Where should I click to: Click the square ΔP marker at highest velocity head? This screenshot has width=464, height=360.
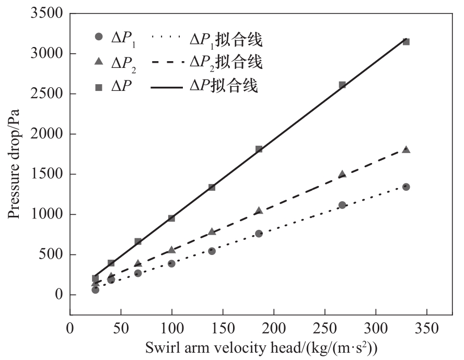[406, 42]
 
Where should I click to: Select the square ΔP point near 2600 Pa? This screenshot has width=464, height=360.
[342, 85]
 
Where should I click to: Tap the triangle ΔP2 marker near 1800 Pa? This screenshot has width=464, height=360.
[406, 149]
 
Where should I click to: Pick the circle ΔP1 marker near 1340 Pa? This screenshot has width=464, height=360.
[406, 187]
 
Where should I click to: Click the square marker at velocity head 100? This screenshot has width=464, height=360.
[171, 218]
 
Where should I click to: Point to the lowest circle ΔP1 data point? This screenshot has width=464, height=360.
[95, 290]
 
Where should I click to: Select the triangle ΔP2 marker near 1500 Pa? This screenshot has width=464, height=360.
[342, 174]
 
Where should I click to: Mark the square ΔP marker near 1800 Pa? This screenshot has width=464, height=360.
[259, 149]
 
